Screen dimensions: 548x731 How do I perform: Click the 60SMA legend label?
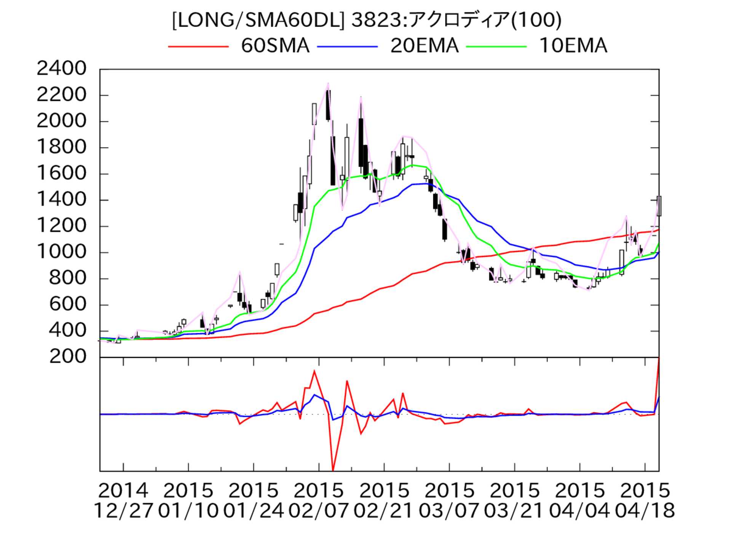[x=275, y=46]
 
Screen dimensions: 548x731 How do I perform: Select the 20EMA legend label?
[x=424, y=46]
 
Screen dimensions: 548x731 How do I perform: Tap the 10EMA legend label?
[x=573, y=46]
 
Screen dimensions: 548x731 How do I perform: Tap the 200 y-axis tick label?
[x=68, y=357]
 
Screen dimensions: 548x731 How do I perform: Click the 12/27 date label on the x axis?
[x=123, y=511]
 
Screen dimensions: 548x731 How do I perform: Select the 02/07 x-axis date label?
[x=319, y=511]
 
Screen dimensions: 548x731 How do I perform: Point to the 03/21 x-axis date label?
[x=514, y=511]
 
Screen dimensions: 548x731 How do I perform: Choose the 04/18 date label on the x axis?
[x=645, y=511]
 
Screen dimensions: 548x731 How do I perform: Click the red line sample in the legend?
[x=198, y=46]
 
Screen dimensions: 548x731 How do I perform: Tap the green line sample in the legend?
[x=496, y=46]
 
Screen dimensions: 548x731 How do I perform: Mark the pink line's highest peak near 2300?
[x=328, y=83]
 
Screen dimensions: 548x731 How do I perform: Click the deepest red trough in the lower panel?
[x=333, y=470]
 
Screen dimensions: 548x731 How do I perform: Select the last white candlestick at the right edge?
[x=659, y=206]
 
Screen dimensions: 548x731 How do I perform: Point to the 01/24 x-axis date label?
[x=253, y=511]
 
